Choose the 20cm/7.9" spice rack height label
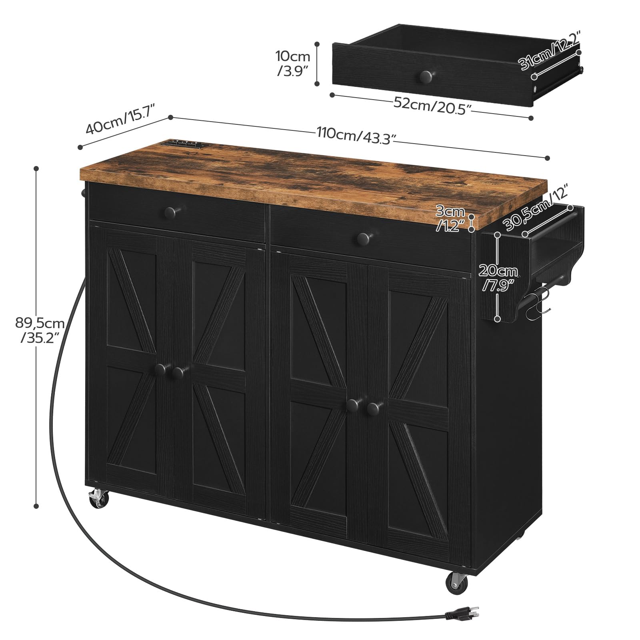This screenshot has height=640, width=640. click(x=498, y=278)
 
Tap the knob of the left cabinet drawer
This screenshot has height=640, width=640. click(x=174, y=211)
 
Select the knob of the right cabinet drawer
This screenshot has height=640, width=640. click(x=363, y=239)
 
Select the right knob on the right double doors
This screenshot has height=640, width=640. click(x=373, y=408)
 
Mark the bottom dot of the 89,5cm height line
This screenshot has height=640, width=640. click(x=36, y=506)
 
